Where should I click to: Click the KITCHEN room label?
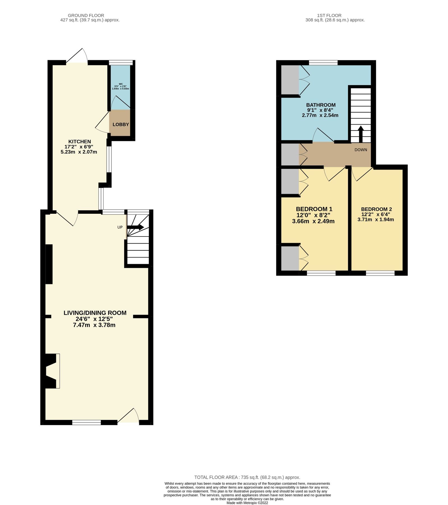(x=80, y=142)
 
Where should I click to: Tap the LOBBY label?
(x=121, y=125)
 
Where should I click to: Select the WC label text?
(x=121, y=84)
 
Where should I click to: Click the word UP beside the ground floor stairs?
(x=120, y=227)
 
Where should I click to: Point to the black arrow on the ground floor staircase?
(x=136, y=227)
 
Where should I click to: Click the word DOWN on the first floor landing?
(x=361, y=150)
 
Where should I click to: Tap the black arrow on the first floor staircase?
(x=361, y=134)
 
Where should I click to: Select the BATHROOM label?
(x=321, y=105)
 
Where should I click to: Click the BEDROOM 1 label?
(x=314, y=209)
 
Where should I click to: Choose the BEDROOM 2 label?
(x=376, y=209)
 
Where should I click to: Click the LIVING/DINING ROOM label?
(x=95, y=313)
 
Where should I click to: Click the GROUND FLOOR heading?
(x=86, y=15)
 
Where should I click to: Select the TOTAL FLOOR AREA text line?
(x=247, y=477)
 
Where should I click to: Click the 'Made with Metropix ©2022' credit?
(x=247, y=503)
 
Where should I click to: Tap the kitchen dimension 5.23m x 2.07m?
(x=79, y=152)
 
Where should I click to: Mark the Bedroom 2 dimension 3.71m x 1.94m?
(x=375, y=219)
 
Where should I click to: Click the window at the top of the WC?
(x=121, y=62)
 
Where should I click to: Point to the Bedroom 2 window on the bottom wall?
(x=380, y=273)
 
